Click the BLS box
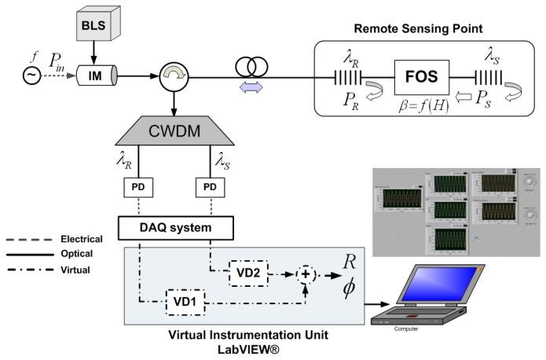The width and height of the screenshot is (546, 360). click(97, 27)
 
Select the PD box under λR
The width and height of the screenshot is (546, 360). click(139, 189)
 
